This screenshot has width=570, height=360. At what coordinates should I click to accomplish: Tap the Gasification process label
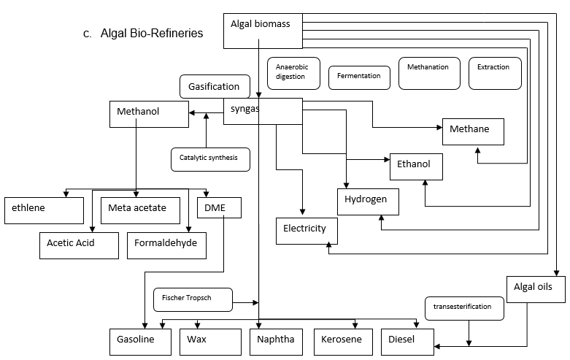coord(214,86)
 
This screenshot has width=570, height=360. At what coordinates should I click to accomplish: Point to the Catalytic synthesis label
coord(209,158)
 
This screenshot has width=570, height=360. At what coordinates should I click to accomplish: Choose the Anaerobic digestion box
coord(295,72)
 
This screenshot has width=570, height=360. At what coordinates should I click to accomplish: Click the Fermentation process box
coord(359,76)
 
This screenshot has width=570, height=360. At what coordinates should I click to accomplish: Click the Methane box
coord(473,130)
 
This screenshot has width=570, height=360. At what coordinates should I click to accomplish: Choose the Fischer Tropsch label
coord(193,298)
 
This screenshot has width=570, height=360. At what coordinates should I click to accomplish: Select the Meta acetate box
coord(142,210)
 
